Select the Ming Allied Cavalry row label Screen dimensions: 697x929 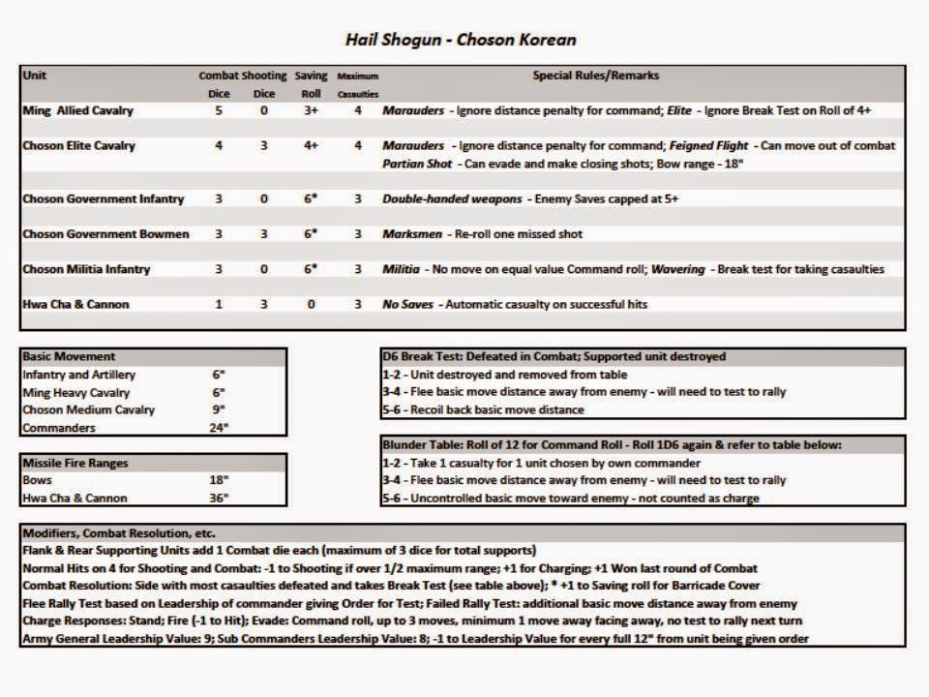[77, 111]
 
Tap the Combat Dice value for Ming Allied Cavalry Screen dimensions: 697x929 [219, 111]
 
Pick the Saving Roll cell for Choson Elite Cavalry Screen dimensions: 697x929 [311, 146]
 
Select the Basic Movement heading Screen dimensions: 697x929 [69, 356]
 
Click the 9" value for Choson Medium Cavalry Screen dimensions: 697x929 [219, 409]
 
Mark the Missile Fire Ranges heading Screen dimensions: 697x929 [75, 463]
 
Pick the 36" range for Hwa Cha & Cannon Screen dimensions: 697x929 [219, 499]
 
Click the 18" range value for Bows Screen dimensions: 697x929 [219, 480]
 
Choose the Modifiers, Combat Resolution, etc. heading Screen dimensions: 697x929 [118, 533]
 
